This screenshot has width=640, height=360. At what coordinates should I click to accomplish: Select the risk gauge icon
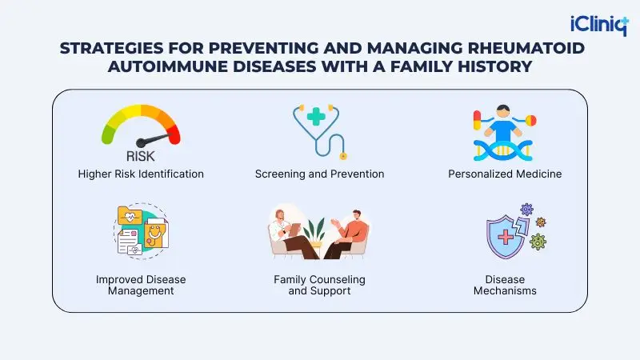point(141,128)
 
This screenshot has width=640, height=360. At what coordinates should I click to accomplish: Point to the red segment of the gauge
point(170,128)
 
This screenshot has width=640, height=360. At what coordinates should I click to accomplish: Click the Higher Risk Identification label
point(141,174)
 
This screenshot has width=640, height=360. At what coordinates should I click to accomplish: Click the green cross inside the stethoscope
point(316,118)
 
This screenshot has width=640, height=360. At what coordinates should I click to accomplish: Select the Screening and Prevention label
point(319,174)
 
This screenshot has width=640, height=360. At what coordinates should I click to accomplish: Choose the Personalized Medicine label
point(504,174)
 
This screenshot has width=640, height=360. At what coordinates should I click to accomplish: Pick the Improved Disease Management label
point(141,285)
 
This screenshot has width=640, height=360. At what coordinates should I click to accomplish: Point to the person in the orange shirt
point(356,234)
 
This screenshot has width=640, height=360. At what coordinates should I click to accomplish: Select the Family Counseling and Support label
point(319,285)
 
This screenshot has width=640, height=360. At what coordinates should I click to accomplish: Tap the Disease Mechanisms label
point(504,285)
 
